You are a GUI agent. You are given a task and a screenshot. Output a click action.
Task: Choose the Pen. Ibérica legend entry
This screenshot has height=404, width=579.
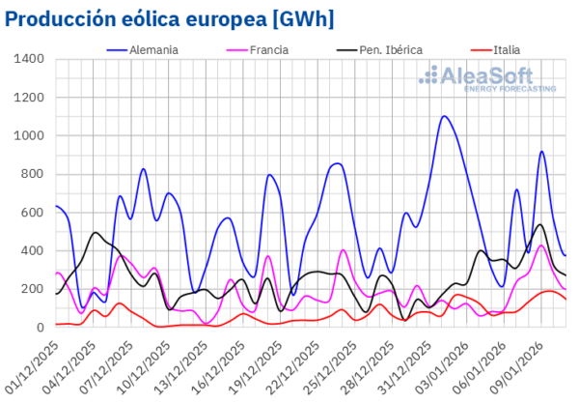click(x=382, y=48)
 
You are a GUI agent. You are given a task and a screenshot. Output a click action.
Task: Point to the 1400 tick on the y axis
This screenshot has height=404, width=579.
click(x=28, y=60)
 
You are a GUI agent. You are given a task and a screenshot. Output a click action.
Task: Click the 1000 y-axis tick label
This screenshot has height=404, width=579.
click(x=28, y=136)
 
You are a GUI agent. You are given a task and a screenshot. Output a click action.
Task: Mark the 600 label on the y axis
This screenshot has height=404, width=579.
click(x=32, y=213)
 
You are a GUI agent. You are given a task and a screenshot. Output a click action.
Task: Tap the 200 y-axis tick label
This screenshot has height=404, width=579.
click(x=32, y=289)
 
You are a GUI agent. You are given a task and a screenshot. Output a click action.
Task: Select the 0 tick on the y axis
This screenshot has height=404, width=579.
click(x=40, y=328)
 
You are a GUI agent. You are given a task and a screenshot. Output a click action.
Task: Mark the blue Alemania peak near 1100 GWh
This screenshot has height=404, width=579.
click(x=444, y=117)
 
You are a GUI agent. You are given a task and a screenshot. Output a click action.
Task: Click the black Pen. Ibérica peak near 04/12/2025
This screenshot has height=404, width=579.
click(x=95, y=233)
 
